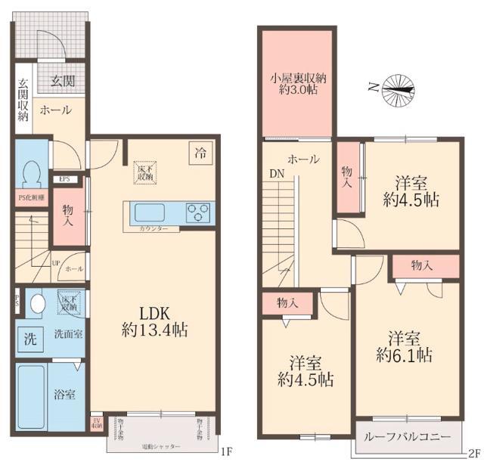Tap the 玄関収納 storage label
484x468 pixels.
point(23,100)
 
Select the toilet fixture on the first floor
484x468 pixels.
point(32,175)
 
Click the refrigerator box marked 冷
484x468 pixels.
point(200,152)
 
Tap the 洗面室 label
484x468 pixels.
point(67,334)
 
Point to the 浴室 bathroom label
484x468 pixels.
point(64,393)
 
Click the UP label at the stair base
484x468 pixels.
point(56,263)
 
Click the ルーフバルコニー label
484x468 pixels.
point(407,438)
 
